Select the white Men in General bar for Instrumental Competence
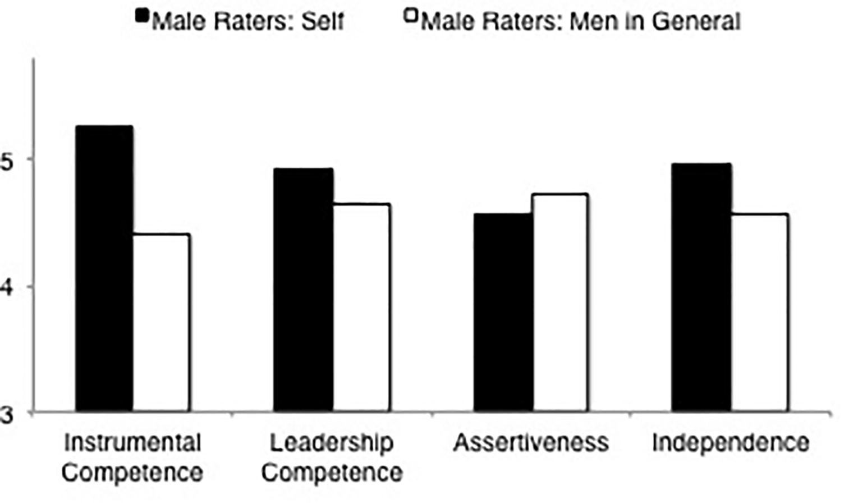tap(162, 323)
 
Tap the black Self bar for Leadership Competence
tap(303, 290)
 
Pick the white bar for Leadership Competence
tap(361, 308)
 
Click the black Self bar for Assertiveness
tap(503, 312)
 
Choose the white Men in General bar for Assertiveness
tap(560, 303)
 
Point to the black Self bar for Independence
tap(701, 287)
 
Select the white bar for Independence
tap(760, 313)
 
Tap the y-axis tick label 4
tap(6, 288)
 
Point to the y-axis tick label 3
tap(6, 415)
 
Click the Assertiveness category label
tap(531, 443)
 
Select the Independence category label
tap(730, 443)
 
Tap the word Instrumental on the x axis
tap(132, 443)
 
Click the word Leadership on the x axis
tap(331, 443)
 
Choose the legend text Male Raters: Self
tap(247, 22)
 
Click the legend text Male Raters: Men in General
tap(581, 22)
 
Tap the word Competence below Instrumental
tap(132, 473)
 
